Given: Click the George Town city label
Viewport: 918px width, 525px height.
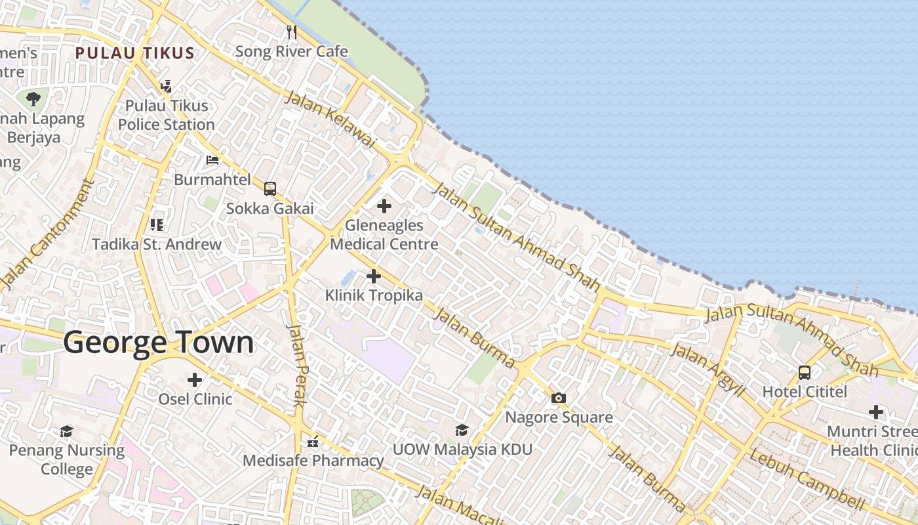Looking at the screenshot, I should [x=158, y=343].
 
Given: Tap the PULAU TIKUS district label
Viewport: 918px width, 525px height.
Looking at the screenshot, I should [x=134, y=53].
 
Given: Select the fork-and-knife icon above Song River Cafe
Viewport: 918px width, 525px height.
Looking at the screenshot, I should [x=292, y=31].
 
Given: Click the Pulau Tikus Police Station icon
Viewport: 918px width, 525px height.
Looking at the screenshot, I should [x=166, y=86].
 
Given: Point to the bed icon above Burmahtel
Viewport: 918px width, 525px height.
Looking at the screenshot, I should [x=212, y=159].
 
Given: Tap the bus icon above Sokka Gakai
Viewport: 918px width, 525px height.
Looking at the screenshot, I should [x=269, y=189].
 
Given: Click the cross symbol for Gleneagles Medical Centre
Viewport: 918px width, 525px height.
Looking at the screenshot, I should [x=384, y=207].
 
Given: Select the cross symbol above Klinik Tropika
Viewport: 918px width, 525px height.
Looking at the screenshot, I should [x=373, y=276].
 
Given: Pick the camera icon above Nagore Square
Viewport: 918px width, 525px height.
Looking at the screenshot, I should [x=559, y=398].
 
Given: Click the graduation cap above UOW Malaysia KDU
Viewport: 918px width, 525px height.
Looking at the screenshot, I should [x=462, y=430].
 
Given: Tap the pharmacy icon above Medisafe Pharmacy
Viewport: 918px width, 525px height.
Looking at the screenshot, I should [x=313, y=441].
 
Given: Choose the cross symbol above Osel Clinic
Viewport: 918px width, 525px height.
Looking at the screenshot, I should [x=195, y=379].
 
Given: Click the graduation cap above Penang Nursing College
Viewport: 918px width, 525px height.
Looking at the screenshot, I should [x=66, y=431].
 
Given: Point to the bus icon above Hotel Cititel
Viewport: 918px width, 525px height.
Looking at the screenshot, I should [x=805, y=372].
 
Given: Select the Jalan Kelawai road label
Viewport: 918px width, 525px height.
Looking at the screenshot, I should [x=330, y=119].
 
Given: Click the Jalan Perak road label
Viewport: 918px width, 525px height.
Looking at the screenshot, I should [x=297, y=365].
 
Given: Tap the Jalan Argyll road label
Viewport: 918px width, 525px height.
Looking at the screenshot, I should [x=709, y=369].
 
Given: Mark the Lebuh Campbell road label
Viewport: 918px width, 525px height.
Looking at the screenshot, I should [x=807, y=480].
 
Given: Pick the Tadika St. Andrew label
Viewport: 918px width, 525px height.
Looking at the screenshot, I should [x=157, y=244].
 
